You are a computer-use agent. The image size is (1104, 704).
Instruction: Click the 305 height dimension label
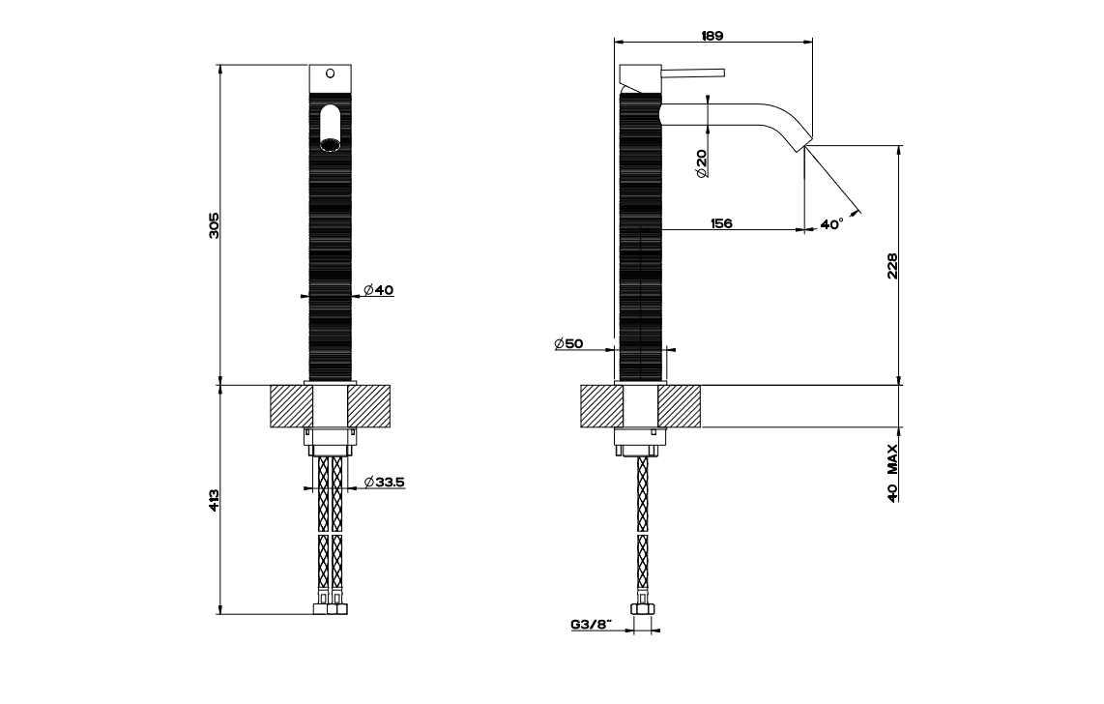(x=216, y=224)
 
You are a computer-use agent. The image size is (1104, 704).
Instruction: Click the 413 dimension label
(x=216, y=500)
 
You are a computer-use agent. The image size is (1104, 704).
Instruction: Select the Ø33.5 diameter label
(x=384, y=482)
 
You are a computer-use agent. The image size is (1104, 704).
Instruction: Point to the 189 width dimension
(x=712, y=35)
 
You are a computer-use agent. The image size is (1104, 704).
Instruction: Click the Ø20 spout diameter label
(x=701, y=161)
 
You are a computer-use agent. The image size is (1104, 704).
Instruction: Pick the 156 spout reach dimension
(x=720, y=223)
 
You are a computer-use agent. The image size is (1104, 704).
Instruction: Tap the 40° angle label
(x=830, y=223)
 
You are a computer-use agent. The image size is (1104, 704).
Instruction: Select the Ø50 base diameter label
(x=568, y=344)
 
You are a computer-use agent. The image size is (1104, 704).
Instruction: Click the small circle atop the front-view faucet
(x=331, y=73)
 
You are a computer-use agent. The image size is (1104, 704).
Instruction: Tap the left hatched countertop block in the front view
(x=288, y=405)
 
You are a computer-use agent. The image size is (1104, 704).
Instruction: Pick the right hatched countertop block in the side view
(x=681, y=405)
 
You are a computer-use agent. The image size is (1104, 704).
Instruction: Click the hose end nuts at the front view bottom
(x=330, y=609)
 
